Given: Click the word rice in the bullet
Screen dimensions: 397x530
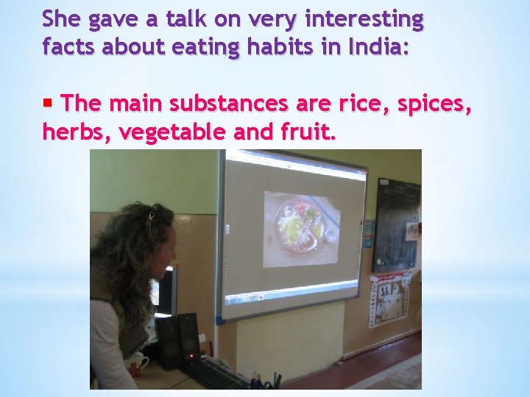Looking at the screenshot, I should point(359,104).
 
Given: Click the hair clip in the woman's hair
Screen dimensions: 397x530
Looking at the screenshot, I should point(150,216).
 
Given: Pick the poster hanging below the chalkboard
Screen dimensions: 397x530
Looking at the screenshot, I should point(389,299).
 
